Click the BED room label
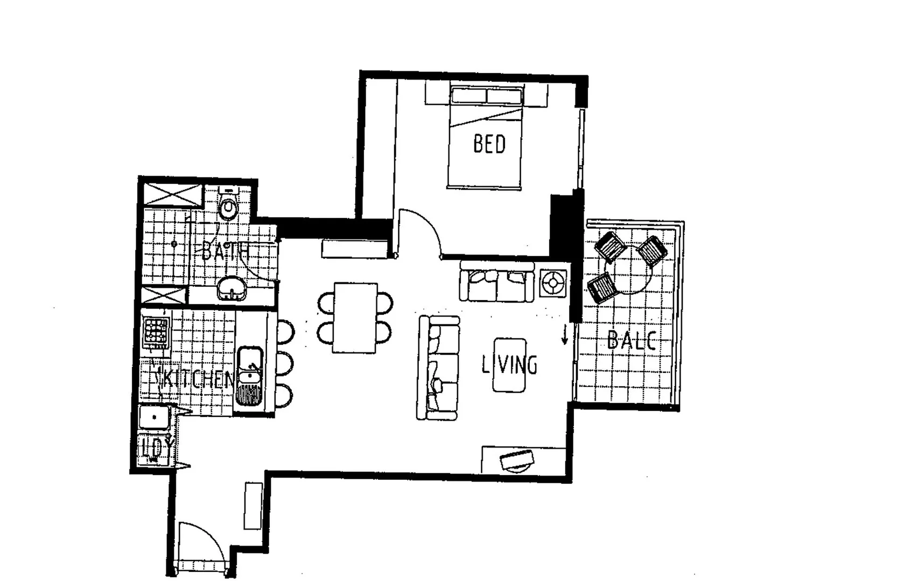coord(489,144)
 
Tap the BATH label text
coord(225,252)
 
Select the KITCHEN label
coord(195,380)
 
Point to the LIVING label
coord(509,365)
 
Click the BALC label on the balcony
coord(631,341)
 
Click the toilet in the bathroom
coord(228,206)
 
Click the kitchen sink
coord(250,375)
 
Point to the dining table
coord(355,317)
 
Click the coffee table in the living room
coord(509,365)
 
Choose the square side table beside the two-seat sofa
coord(553,283)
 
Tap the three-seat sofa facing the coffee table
coord(438,367)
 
